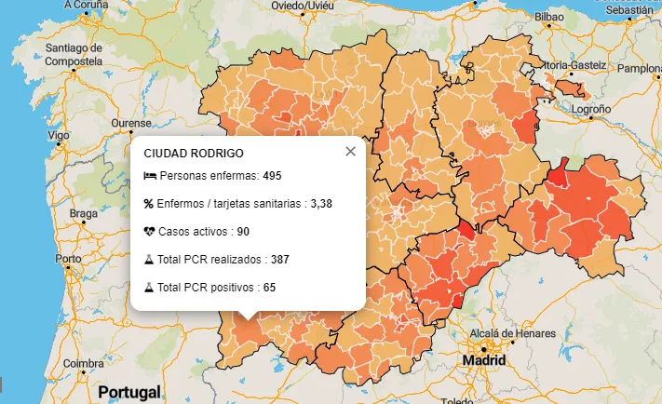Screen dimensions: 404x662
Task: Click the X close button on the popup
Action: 350,152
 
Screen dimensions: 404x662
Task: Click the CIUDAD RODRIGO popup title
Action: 194,153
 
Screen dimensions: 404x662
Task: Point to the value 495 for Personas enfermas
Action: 272,176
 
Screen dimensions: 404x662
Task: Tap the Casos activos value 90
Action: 242,231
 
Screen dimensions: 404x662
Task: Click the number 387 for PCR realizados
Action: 280,259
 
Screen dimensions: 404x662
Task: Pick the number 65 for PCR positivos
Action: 269,287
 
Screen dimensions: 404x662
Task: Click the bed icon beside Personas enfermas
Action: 149,176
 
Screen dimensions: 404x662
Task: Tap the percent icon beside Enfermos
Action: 149,203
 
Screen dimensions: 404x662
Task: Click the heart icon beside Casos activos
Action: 149,231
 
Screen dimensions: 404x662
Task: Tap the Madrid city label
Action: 484,360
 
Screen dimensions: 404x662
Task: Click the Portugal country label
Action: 129,392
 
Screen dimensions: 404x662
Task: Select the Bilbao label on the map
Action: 550,17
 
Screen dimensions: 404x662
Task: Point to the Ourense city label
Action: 130,123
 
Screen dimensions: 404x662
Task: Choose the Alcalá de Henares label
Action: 512,333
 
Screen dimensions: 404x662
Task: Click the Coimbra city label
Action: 83,364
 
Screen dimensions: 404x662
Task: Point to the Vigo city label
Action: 59,136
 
